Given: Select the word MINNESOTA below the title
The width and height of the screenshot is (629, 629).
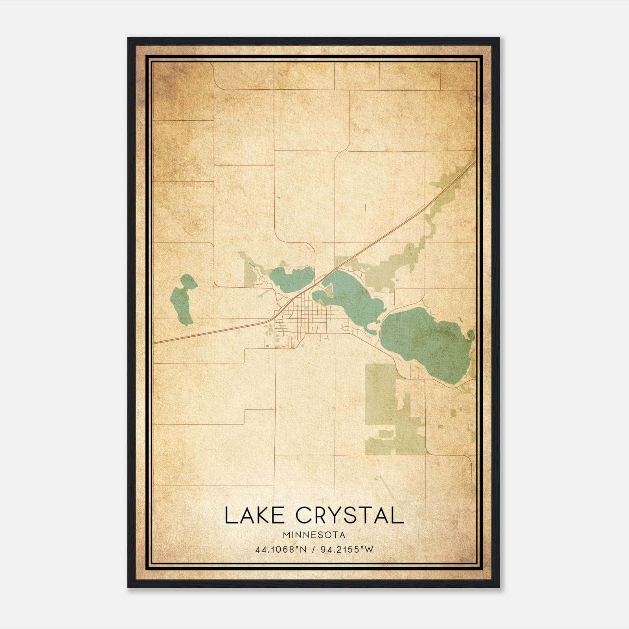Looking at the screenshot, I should click(x=314, y=535).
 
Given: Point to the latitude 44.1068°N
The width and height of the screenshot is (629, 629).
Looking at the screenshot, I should click(x=281, y=550).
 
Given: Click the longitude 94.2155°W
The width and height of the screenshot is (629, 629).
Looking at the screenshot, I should click(x=346, y=550).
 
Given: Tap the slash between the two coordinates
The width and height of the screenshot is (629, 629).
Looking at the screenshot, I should click(x=313, y=550).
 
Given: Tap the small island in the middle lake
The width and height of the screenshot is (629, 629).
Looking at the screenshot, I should click(x=328, y=291).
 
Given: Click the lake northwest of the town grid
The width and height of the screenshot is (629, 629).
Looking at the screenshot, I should click(x=291, y=278).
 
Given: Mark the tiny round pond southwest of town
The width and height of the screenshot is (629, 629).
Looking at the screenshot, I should click(x=267, y=346).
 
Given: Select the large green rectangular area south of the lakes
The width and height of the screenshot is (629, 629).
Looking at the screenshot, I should click(x=381, y=393).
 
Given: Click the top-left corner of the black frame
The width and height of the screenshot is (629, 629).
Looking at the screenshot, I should click(x=128, y=38).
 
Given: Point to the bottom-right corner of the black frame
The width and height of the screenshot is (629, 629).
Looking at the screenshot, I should click(x=499, y=587).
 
